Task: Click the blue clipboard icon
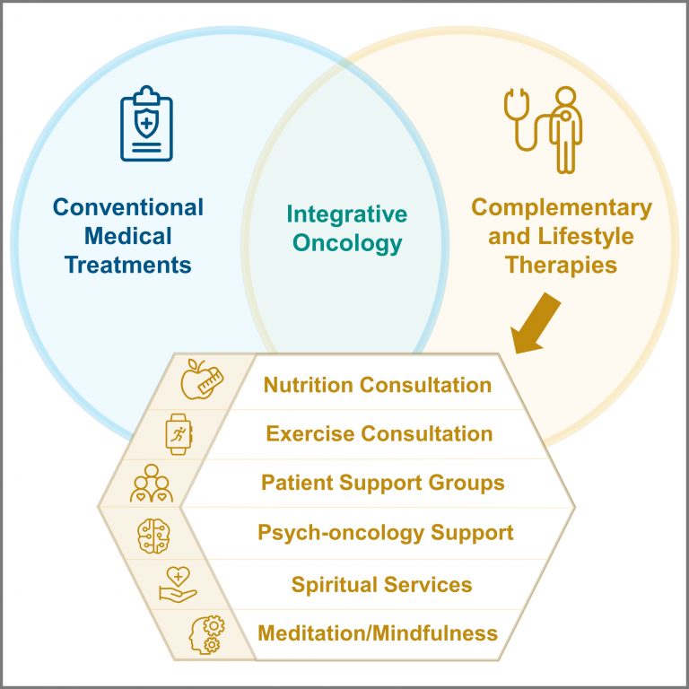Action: tap(147, 124)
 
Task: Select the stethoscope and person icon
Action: tap(544, 129)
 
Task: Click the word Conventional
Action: tap(128, 207)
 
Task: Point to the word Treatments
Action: tap(128, 265)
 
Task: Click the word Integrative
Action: tap(346, 215)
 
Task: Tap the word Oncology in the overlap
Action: tap(347, 244)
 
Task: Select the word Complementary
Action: tap(562, 209)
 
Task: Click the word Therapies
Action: tap(561, 266)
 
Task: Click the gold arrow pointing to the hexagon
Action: tap(536, 324)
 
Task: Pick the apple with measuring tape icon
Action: tap(202, 379)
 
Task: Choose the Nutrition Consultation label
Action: tap(378, 385)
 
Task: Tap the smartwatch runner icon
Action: tap(179, 434)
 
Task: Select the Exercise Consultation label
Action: tap(379, 433)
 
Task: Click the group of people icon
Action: tap(151, 484)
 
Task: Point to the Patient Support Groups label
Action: tap(383, 484)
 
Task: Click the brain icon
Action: tap(153, 536)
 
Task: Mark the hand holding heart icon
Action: tap(178, 585)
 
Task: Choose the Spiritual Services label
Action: tap(381, 585)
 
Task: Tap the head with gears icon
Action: tap(206, 634)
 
